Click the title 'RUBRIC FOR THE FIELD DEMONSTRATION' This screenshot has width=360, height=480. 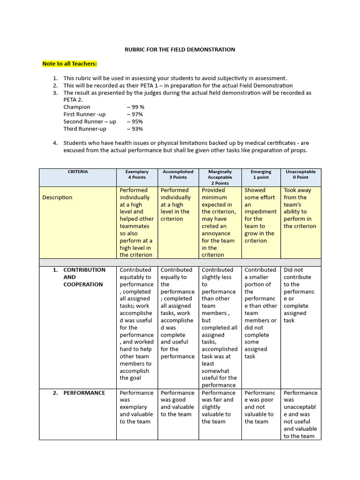coord(180,49)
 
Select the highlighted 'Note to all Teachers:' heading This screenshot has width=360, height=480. coord(69,64)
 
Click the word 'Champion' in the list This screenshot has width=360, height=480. coord(77,107)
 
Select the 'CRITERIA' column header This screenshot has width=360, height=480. coord(77,172)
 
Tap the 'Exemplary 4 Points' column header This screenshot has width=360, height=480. coord(137,174)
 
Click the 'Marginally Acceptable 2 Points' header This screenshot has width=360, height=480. coord(220,177)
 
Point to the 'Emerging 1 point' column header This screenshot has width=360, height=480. coord(261,174)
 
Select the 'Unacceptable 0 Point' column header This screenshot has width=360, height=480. coord(300,174)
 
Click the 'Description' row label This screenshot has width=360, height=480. coord(57,197)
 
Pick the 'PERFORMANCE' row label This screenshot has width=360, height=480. coord(84,393)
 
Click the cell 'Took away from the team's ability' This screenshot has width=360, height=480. coord(300,208)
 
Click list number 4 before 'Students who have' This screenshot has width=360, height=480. coord(55,143)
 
